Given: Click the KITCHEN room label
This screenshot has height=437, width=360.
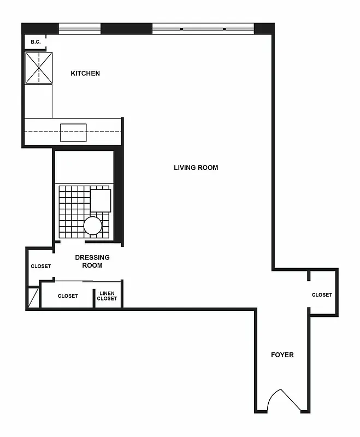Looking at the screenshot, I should click(85, 73).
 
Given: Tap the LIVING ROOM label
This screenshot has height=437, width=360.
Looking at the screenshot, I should click(196, 168).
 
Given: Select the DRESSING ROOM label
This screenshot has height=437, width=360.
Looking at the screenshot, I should click(92, 261).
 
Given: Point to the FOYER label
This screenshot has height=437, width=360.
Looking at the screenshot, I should click(282, 355).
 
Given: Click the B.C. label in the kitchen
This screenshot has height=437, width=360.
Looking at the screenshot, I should click(36, 42).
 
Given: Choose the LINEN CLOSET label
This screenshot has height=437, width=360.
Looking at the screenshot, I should click(107, 296).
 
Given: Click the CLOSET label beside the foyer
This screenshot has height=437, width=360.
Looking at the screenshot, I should click(322, 295).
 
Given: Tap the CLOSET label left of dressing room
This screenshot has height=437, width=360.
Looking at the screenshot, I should click(40, 267).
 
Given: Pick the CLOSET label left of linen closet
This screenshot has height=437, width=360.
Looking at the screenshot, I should click(68, 296).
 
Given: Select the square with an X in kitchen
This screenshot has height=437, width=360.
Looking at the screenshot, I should click(39, 68).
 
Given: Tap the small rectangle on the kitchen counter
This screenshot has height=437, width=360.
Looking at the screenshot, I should click(73, 133).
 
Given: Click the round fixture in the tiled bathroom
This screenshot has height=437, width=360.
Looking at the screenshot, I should click(93, 226).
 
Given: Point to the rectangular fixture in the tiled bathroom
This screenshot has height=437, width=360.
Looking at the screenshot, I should click(101, 200).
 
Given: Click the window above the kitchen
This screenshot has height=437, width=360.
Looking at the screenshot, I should click(80, 28).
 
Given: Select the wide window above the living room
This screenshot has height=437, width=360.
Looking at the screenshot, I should click(203, 28).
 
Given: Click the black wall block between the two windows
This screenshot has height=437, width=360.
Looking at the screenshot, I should click(126, 28).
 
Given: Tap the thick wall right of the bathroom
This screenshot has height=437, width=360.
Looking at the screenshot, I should click(119, 197).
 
